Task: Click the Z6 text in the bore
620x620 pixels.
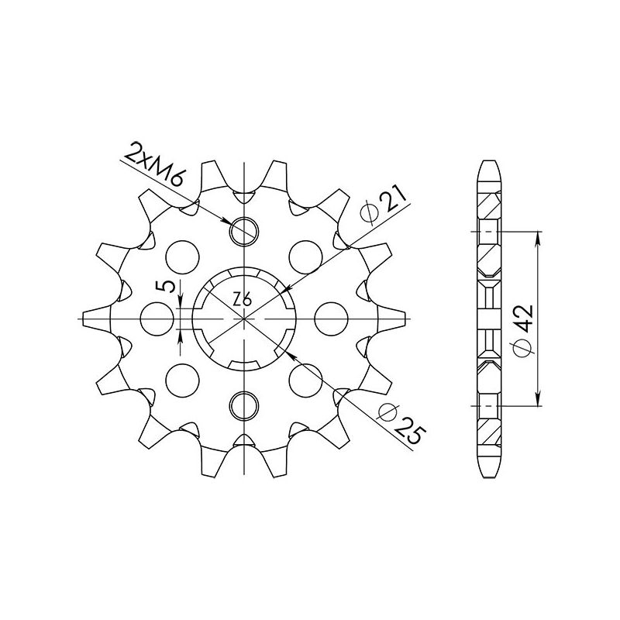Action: point(242,299)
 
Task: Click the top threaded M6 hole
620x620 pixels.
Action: point(243,229)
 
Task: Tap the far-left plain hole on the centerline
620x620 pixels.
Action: point(156,317)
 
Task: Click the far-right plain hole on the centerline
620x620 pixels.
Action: point(331,317)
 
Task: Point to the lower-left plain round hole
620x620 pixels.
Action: point(183,379)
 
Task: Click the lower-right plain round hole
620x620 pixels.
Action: point(304,379)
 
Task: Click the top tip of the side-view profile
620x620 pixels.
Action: point(489,161)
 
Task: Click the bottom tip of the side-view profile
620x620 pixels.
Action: point(489,474)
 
